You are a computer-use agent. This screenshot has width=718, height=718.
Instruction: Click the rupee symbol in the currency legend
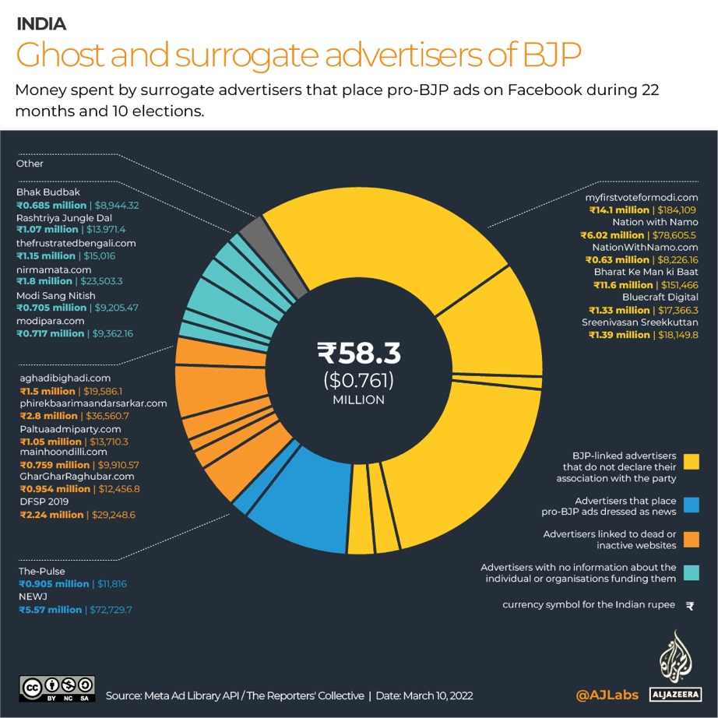(690, 605)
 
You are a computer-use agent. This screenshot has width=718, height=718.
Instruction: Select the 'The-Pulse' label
(41, 571)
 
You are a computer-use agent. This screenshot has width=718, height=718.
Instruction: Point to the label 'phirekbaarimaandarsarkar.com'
(93, 403)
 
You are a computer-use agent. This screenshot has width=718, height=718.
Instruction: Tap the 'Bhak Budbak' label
(48, 192)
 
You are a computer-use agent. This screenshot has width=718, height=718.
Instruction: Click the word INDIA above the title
(41, 24)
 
